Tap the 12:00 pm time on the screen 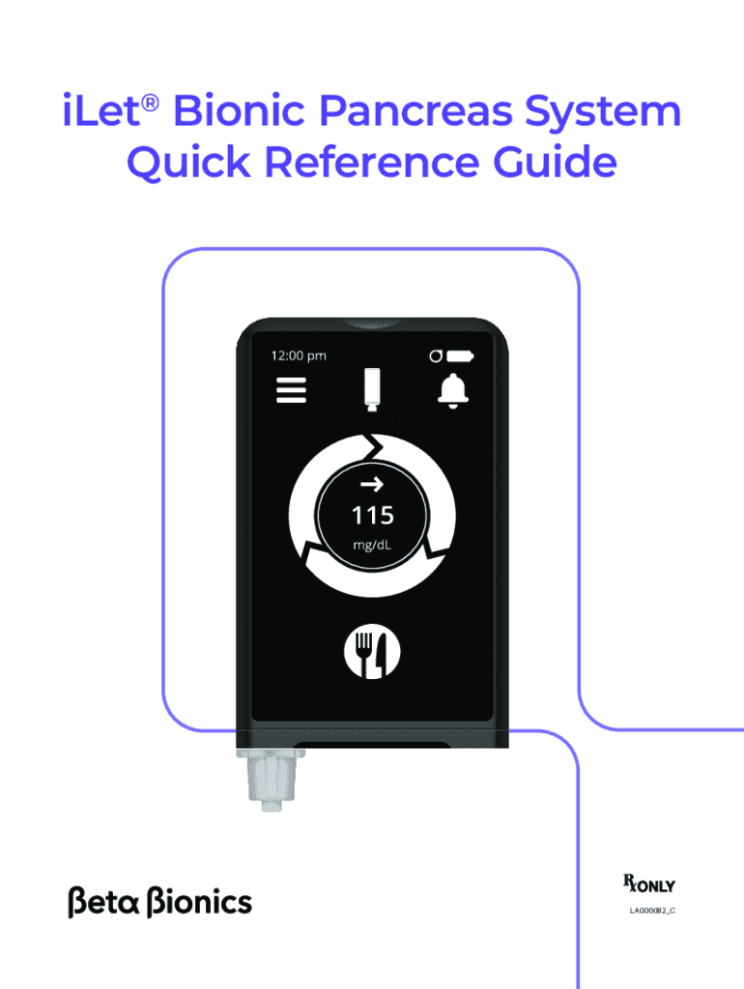(x=299, y=355)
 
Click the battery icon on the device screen (x=462, y=355)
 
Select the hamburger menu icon (x=291, y=390)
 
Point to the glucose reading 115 (x=372, y=516)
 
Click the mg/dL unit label (x=372, y=548)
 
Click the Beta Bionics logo (x=160, y=902)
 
